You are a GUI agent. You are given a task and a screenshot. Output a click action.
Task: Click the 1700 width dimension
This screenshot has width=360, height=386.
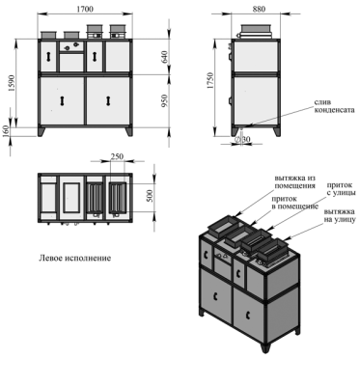pyautogui.click(x=85, y=10)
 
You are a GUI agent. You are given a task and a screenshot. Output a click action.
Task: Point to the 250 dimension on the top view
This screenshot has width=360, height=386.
pyautogui.click(x=118, y=157)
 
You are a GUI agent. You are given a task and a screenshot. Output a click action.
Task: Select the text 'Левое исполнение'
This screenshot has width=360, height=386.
pyautogui.click(x=75, y=259)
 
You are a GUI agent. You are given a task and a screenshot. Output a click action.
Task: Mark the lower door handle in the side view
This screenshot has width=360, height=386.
pyautogui.click(x=233, y=99)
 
